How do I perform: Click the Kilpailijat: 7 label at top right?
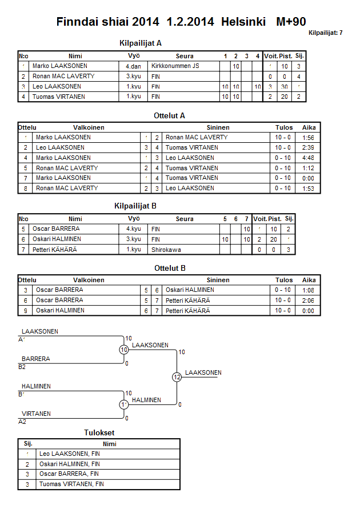325,33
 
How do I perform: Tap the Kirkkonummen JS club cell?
175,66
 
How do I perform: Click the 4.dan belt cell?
134,66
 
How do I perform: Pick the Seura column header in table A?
185,56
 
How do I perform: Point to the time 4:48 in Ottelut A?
309,158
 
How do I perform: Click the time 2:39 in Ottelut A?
309,147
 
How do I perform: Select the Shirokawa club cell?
166,250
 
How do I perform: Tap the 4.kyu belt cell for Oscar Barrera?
133,229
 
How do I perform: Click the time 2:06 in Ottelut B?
309,300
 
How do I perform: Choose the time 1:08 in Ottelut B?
309,290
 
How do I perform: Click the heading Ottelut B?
170,268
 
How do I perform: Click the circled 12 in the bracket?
177,377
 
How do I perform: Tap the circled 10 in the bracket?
124,350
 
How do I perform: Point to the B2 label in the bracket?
22,367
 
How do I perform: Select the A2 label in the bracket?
22,422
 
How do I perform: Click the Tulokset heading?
100,433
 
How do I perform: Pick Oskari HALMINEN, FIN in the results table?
70,464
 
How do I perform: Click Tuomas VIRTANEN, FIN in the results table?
72,484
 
